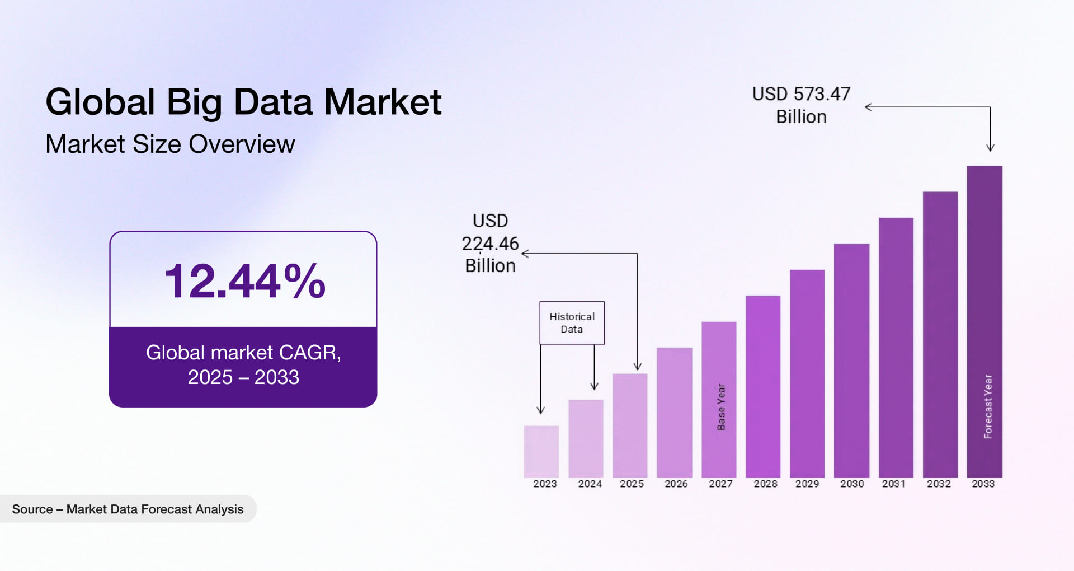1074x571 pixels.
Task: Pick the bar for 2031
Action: (x=896, y=347)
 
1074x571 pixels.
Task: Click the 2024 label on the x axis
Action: (x=590, y=484)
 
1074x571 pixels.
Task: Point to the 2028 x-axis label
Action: (x=765, y=484)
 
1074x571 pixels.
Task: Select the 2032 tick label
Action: (x=939, y=484)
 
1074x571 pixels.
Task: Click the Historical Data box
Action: (x=572, y=323)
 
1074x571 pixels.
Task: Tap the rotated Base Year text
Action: (x=721, y=407)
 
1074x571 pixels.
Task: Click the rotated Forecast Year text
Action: (x=988, y=406)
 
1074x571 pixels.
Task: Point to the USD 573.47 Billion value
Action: (x=801, y=105)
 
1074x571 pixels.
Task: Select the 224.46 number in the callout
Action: (x=490, y=244)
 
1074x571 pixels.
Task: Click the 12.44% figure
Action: (x=244, y=281)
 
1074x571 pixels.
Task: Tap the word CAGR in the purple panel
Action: (x=309, y=353)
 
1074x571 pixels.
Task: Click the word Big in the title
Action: (x=194, y=102)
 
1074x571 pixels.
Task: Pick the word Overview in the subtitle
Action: (x=242, y=144)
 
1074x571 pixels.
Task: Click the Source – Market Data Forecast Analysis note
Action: (x=128, y=509)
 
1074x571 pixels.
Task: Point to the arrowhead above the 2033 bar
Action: (x=990, y=148)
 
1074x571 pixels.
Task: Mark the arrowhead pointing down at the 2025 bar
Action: (x=637, y=367)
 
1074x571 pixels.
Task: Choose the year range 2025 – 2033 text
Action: (x=243, y=377)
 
